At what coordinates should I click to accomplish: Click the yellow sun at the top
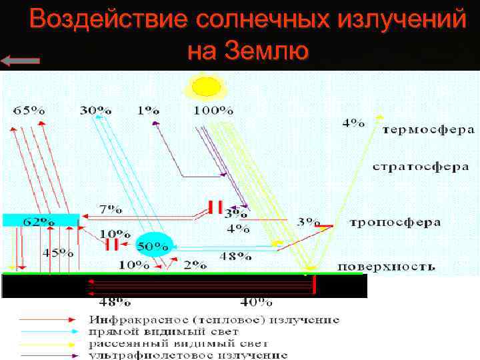click(206, 86)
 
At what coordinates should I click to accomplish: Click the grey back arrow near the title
click(21, 61)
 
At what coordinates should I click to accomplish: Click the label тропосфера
click(395, 222)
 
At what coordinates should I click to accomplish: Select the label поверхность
click(386, 267)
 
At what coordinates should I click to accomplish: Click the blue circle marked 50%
click(153, 245)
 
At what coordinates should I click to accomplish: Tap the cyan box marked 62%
click(41, 220)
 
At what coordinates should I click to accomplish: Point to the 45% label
click(59, 253)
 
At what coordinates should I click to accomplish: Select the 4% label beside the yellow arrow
click(353, 123)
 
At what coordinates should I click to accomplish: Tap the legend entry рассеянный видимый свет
click(178, 343)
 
